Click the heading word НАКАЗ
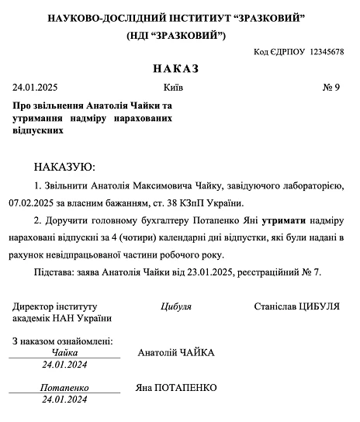(176, 69)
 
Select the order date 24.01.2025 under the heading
(36, 87)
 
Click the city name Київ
(174, 87)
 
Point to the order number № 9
(331, 87)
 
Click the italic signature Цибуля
(176, 306)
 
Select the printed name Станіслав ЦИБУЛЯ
(297, 306)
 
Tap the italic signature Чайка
(65, 352)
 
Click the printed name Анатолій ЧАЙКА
(176, 353)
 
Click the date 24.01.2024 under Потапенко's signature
(65, 400)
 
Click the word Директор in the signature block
(35, 306)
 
